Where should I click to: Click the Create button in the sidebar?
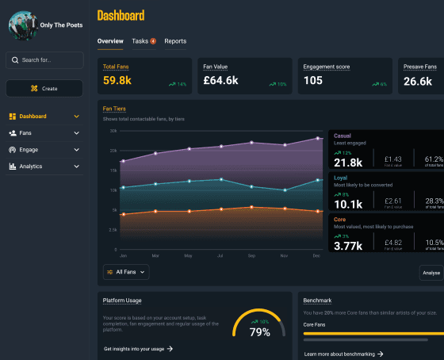coord(44,88)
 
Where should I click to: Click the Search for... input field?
coord(44,60)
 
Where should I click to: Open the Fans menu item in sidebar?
coord(44,133)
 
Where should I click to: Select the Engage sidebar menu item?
coord(44,150)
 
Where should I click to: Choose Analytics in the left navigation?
coord(44,167)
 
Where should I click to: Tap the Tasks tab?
coord(144,41)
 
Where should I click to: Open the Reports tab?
coord(175,41)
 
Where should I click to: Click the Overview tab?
coord(110,41)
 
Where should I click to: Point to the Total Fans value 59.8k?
coord(117,81)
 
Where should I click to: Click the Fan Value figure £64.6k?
coord(221,81)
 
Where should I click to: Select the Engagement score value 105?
coord(313,81)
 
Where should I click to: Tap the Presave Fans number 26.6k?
coord(417,81)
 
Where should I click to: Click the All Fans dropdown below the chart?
coord(126,272)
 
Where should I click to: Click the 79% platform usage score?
coord(260,332)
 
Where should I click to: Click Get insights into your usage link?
coord(138,349)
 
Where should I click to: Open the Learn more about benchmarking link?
coord(344,354)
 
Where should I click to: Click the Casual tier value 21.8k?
coord(348,163)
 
